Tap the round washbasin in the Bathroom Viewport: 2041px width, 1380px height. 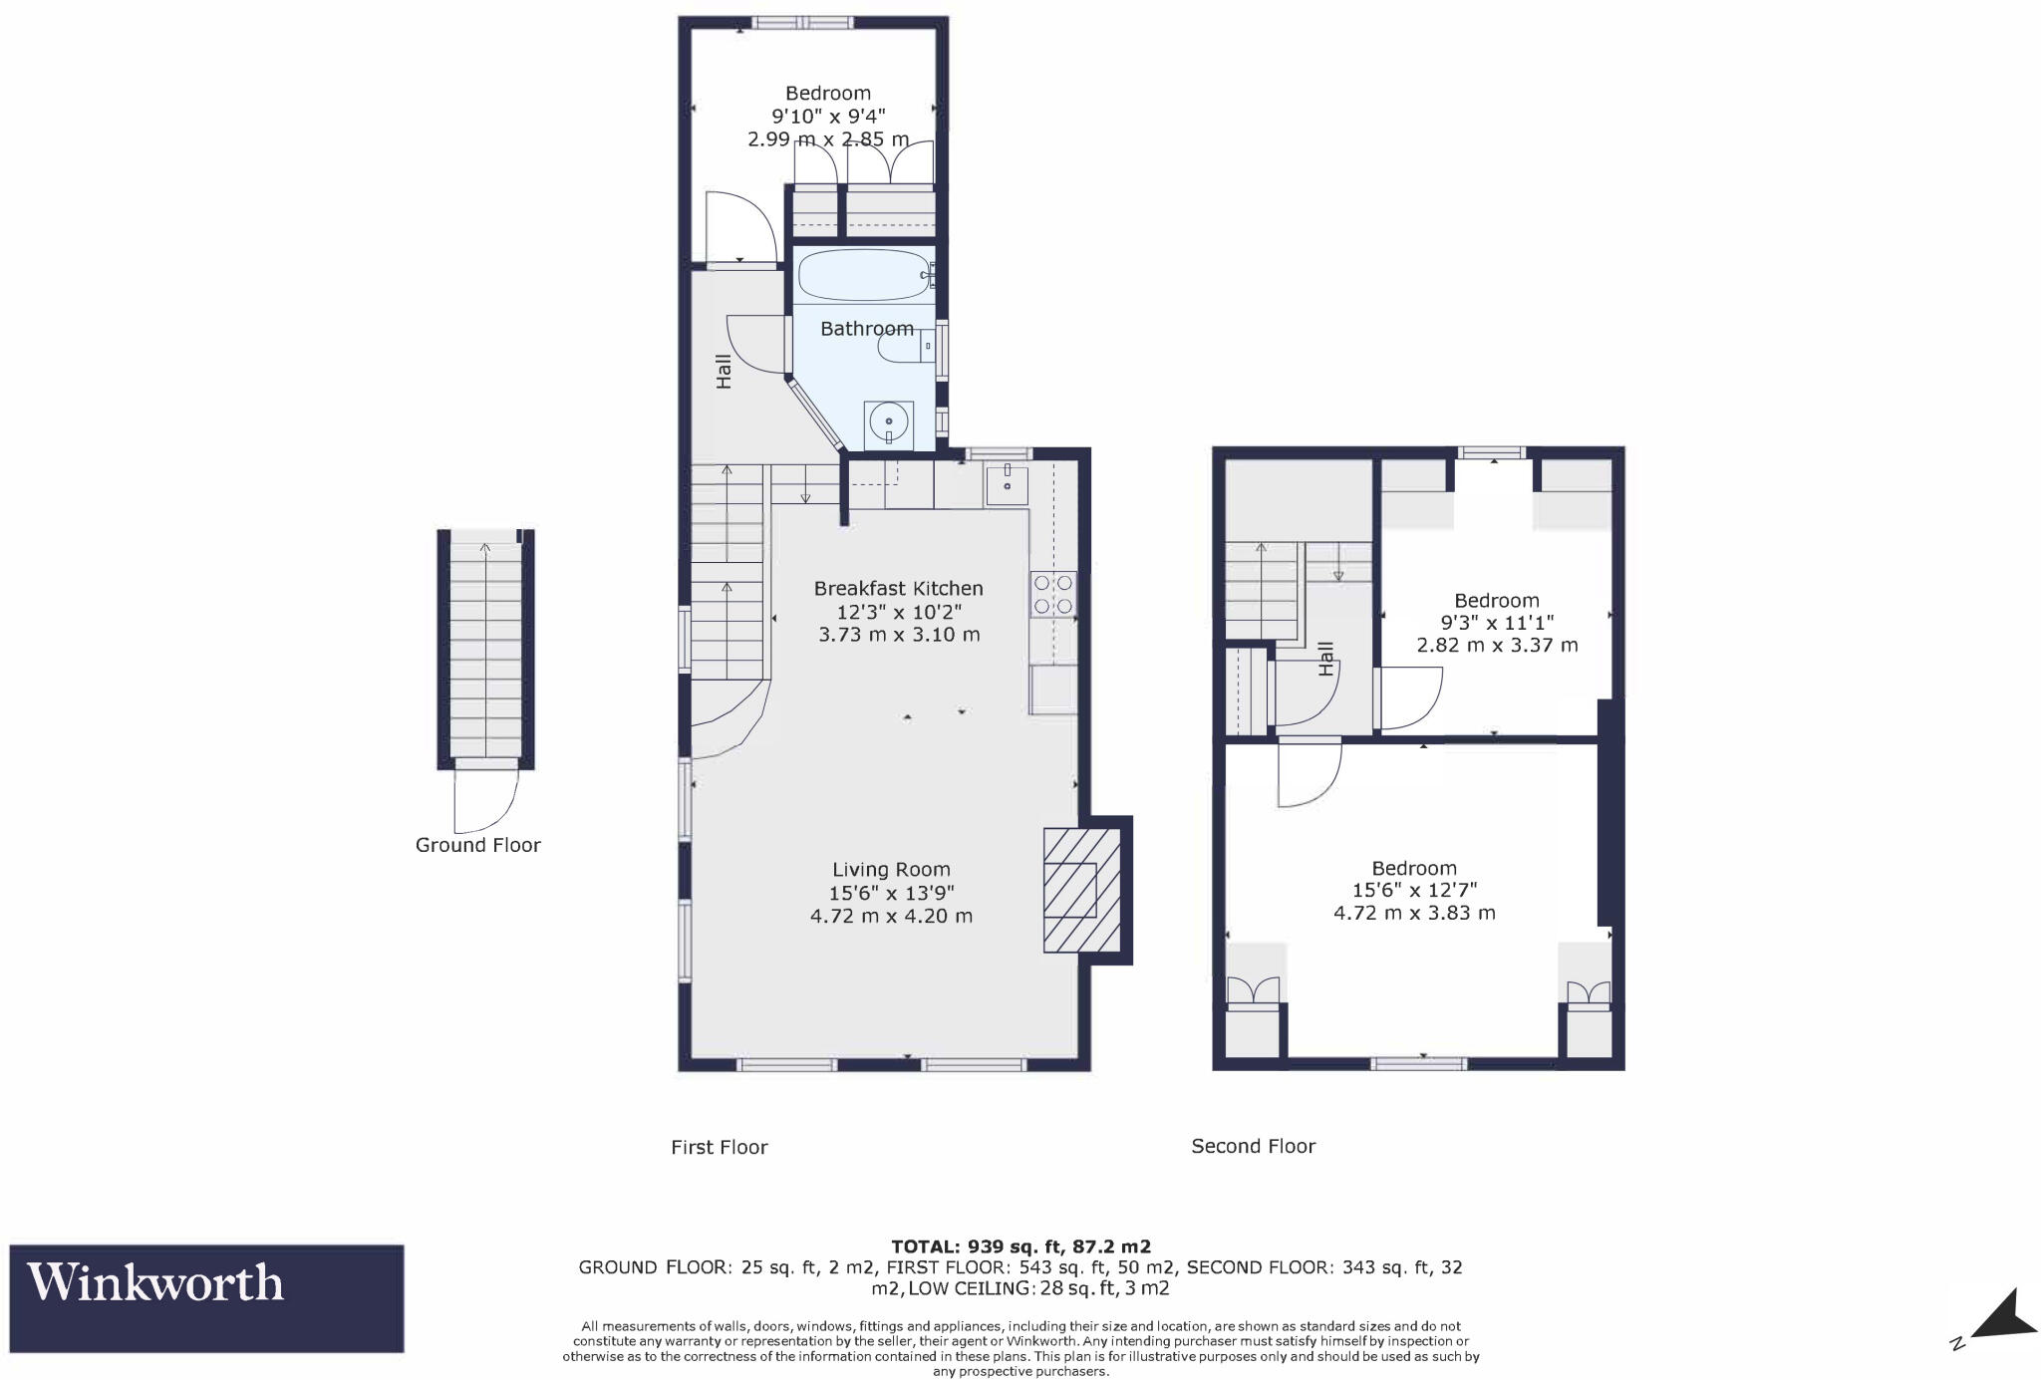coord(888,422)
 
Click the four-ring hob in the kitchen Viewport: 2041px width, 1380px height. coord(1053,593)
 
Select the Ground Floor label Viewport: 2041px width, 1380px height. coord(477,845)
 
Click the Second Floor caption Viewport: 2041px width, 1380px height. coord(1253,1146)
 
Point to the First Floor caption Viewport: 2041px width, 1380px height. coord(719,1147)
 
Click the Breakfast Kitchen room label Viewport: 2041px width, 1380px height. coord(898,589)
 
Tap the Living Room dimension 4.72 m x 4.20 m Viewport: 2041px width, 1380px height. coord(891,916)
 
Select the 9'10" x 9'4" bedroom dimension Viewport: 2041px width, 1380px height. coord(827,117)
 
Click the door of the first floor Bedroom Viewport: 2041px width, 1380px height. coord(738,228)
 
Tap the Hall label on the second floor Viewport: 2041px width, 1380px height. coord(1325,659)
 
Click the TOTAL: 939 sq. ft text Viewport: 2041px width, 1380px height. coord(1020,1246)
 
